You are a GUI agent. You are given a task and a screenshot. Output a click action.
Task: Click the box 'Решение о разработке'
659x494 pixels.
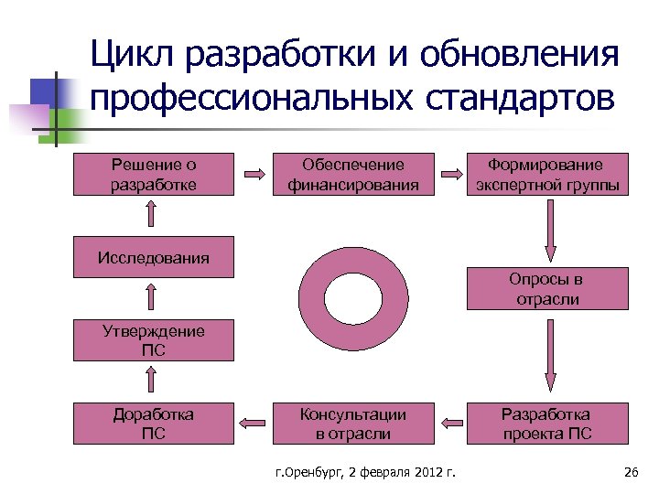click(153, 174)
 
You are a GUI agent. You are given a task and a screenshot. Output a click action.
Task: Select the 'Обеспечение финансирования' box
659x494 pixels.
click(353, 174)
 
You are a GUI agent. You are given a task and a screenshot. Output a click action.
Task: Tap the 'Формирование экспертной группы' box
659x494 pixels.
click(546, 174)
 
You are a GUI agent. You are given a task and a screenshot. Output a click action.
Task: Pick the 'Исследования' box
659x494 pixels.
click(153, 257)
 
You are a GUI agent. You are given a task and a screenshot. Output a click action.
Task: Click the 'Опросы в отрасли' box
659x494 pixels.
click(546, 288)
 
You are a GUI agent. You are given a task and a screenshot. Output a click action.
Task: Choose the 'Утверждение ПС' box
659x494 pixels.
click(153, 339)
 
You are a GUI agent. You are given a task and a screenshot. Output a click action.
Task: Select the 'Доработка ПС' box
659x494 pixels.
click(153, 423)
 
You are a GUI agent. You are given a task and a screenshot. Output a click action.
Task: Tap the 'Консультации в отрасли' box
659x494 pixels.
click(353, 423)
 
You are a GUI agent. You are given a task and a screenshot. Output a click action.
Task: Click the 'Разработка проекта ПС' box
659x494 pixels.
click(546, 423)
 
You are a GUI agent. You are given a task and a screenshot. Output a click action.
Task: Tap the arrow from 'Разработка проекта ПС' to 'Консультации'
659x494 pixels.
click(451, 422)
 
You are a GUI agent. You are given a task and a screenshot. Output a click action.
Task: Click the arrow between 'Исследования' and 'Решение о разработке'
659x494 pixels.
click(152, 214)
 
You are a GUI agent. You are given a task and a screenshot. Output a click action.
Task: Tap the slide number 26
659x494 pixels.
click(630, 472)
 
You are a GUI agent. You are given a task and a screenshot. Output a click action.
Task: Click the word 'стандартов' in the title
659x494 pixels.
click(519, 96)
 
